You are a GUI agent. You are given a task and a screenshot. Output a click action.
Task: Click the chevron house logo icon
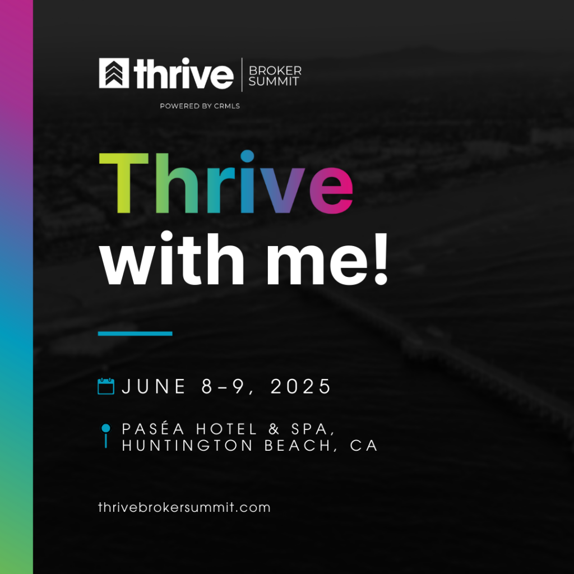114,73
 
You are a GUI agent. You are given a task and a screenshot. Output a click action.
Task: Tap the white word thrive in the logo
183,73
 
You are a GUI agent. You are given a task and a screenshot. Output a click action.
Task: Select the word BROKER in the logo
275,70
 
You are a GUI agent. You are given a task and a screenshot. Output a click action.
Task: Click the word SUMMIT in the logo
274,81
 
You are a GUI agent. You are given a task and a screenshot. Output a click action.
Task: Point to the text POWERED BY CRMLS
200,106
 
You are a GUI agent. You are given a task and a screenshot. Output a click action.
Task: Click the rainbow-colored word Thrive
226,182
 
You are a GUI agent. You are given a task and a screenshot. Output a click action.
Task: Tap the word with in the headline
172,258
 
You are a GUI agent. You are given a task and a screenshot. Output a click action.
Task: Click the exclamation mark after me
381,258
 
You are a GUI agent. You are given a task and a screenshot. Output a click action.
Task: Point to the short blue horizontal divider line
135,334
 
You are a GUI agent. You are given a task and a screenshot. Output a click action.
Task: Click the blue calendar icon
106,386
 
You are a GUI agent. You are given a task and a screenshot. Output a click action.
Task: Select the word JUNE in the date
154,386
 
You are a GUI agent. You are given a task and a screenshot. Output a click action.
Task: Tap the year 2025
300,386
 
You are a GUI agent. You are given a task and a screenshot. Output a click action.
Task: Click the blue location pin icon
106,435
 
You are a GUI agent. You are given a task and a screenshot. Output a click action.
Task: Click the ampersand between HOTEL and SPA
274,429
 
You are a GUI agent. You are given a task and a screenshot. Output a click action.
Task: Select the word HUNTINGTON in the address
187,446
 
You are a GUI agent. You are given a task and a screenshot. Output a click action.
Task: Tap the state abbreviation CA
364,446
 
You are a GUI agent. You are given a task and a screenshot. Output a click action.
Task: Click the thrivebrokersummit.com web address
184,507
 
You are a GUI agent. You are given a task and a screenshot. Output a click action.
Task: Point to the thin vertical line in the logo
242,75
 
